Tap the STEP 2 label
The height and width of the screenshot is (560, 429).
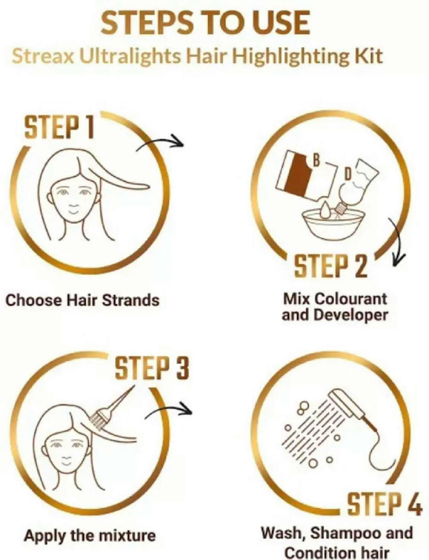331,266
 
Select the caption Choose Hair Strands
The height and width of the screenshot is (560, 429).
82,301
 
